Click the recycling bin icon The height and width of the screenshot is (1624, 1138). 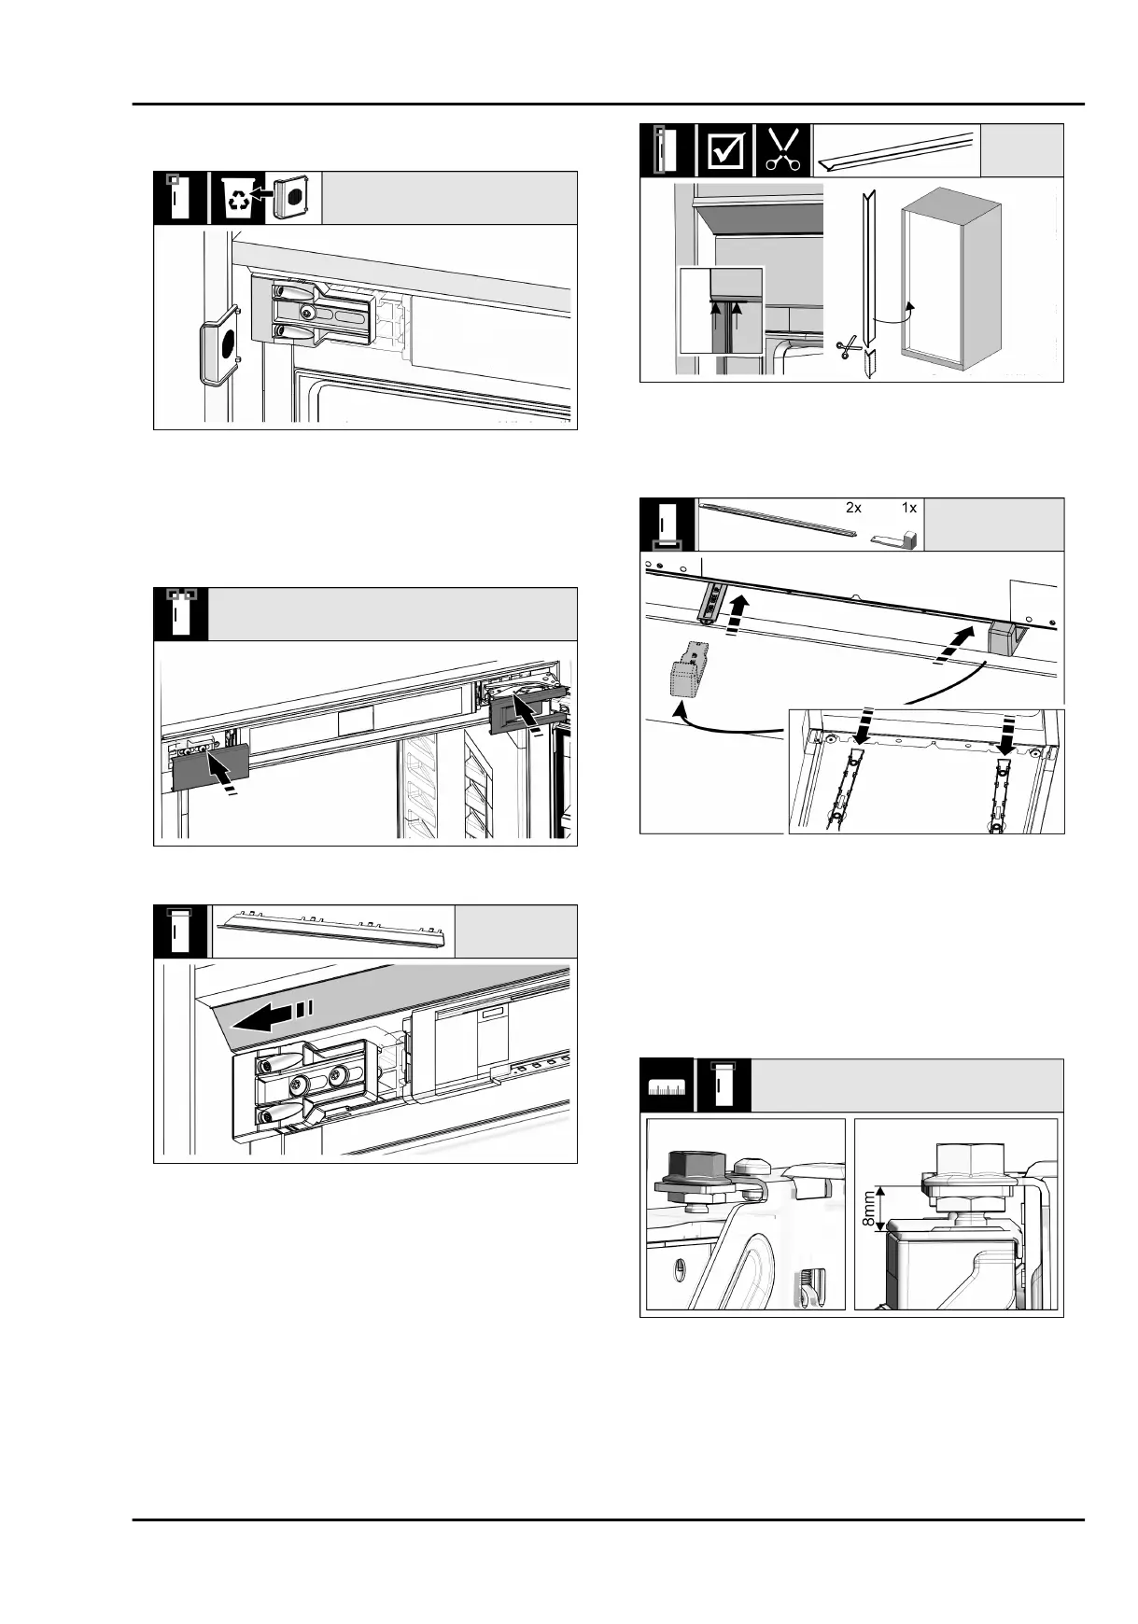[x=238, y=198]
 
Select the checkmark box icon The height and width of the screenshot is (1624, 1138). [x=725, y=150]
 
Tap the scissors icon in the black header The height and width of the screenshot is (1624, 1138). [x=782, y=149]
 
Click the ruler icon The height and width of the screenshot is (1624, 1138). [x=667, y=1085]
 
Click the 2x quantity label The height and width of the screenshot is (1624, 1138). [x=853, y=508]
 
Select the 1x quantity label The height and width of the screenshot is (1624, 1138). [x=909, y=508]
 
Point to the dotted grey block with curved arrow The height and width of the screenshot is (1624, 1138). [x=687, y=668]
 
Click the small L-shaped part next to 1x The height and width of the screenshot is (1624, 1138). [x=894, y=539]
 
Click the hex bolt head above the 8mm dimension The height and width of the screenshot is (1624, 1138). [x=971, y=1162]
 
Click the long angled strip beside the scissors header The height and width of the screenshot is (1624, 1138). [x=895, y=151]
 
